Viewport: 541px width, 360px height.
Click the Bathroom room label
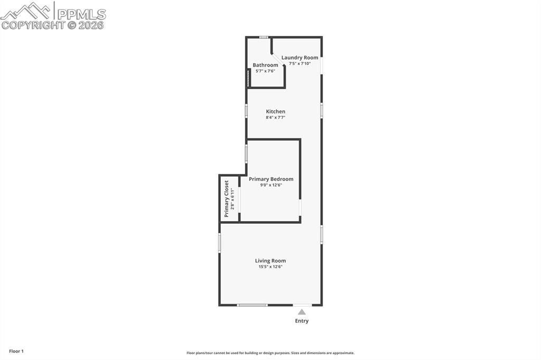pyautogui.click(x=265, y=65)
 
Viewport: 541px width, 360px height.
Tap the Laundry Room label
pyautogui.click(x=300, y=58)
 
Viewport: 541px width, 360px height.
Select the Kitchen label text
pyautogui.click(x=275, y=111)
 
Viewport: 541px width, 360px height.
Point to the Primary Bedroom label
pyautogui.click(x=271, y=179)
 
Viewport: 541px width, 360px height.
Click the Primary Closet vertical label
pyautogui.click(x=227, y=198)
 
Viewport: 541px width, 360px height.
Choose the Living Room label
pyautogui.click(x=270, y=260)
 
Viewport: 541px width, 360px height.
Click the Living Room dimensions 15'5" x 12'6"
pyautogui.click(x=270, y=267)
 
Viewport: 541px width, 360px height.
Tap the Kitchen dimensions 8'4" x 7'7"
pyautogui.click(x=275, y=118)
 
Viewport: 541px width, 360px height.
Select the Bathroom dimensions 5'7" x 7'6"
pyautogui.click(x=265, y=71)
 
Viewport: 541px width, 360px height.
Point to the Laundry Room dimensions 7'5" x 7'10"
pyautogui.click(x=300, y=63)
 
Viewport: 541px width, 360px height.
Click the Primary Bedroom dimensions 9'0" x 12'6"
pyautogui.click(x=271, y=185)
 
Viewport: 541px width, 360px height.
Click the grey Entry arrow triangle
pyautogui.click(x=302, y=312)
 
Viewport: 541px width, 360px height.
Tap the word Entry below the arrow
pyautogui.click(x=302, y=321)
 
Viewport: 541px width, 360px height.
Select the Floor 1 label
pyautogui.click(x=16, y=351)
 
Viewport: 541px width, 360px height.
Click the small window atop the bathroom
pyautogui.click(x=264, y=37)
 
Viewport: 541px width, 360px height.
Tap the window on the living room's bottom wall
pyautogui.click(x=252, y=305)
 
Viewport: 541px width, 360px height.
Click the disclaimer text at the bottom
pyautogui.click(x=270, y=353)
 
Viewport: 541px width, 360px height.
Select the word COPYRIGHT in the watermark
pyautogui.click(x=33, y=25)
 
